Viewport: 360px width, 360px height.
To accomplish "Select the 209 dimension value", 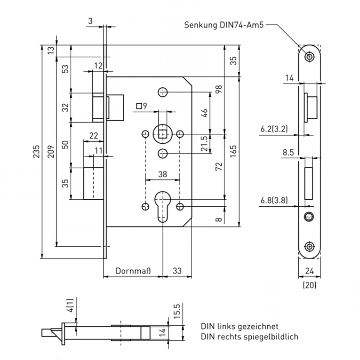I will click(x=51, y=151).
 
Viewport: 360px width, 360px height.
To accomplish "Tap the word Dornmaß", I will click(x=133, y=271).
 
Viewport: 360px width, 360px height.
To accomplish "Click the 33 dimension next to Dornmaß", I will click(x=177, y=271).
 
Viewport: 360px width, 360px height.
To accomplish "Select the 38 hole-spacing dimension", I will click(x=163, y=174).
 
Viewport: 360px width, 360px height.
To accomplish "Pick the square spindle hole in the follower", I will click(x=163, y=134).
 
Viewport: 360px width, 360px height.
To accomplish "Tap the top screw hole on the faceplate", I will click(x=310, y=57).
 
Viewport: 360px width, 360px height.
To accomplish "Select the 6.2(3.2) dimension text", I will click(x=275, y=129).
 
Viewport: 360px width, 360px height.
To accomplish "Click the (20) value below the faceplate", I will click(x=309, y=285).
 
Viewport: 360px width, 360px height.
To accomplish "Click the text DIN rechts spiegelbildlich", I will click(x=249, y=337).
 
